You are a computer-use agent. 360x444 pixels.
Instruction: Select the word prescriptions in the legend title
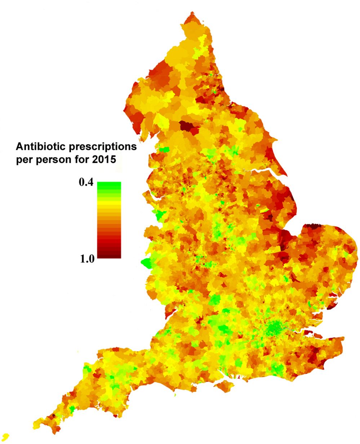click(x=102, y=147)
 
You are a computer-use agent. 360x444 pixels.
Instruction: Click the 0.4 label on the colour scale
click(x=86, y=183)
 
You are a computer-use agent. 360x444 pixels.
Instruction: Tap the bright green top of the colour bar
click(x=109, y=185)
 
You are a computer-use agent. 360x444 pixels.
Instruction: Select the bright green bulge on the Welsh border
click(x=147, y=263)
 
